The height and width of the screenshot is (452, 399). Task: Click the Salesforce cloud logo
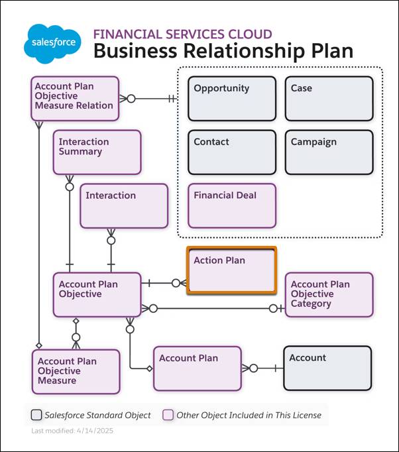52,44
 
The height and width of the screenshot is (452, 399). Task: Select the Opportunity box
231,99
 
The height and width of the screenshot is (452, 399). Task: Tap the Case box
329,99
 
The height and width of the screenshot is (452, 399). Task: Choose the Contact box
231,152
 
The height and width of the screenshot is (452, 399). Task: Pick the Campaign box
329,152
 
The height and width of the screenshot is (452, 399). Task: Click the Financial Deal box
231,205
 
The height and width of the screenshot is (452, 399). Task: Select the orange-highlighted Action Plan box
231,270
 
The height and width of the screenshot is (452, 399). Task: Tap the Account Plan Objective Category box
329,294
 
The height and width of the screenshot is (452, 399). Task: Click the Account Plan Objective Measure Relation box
75,98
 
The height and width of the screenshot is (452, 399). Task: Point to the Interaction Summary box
97,152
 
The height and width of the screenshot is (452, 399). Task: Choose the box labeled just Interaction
124,205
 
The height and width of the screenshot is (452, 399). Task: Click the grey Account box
327,368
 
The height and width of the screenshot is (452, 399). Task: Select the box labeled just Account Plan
197,368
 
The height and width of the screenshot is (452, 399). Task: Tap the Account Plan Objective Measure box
76,371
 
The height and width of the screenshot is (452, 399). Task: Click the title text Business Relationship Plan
223,51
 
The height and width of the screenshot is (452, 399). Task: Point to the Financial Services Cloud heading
182,34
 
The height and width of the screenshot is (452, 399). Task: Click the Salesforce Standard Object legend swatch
36,415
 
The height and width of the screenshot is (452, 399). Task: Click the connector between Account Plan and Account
262,368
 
